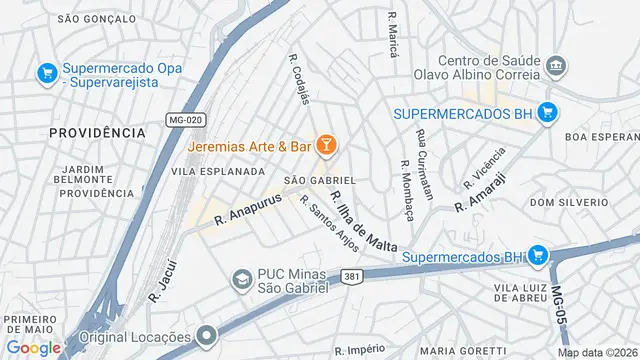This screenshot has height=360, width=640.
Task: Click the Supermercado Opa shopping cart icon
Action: click(x=46, y=73)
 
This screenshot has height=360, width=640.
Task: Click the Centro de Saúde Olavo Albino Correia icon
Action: click(x=558, y=68)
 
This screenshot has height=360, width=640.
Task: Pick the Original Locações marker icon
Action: click(x=207, y=335)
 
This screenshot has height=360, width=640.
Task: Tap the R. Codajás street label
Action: click(x=299, y=77)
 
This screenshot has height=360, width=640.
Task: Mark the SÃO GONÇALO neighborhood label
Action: click(x=96, y=18)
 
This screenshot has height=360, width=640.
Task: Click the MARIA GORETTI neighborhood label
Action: click(x=462, y=351)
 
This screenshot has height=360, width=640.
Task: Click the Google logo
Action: click(x=34, y=347)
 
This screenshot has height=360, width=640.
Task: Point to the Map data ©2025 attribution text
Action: click(x=597, y=352)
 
